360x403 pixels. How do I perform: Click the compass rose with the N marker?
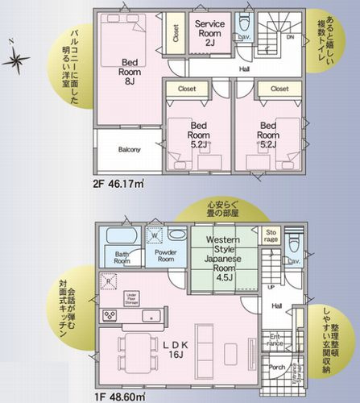(x=16, y=60)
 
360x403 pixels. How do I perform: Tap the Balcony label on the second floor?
(x=130, y=149)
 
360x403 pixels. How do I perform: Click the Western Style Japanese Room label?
(x=219, y=257)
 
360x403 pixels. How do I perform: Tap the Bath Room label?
(x=122, y=257)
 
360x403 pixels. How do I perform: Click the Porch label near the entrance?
(x=278, y=367)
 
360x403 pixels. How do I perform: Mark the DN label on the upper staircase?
(x=292, y=38)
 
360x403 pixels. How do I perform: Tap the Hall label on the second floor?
(x=244, y=69)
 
